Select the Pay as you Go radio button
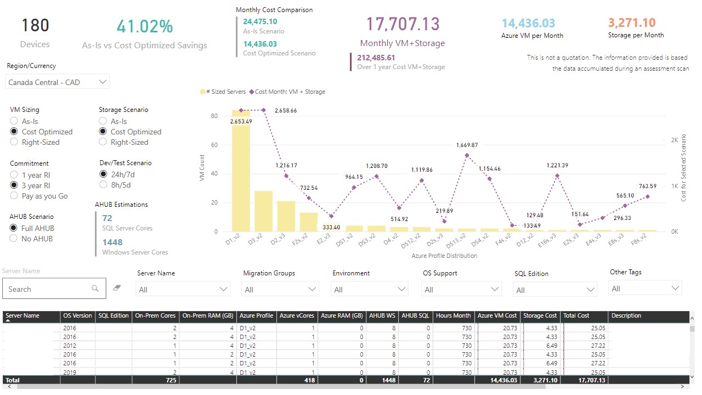(14, 196)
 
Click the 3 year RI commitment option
(14, 185)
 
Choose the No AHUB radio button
(14, 239)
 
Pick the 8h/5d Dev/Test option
(103, 185)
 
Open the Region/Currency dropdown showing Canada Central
(58, 82)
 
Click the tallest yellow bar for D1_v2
(241, 176)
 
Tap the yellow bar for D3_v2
(263, 211)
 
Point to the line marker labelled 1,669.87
(467, 155)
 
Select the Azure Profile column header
(257, 316)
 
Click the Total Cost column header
(576, 316)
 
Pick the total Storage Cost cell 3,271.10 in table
(542, 380)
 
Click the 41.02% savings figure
(145, 26)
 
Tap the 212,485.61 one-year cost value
(376, 58)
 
